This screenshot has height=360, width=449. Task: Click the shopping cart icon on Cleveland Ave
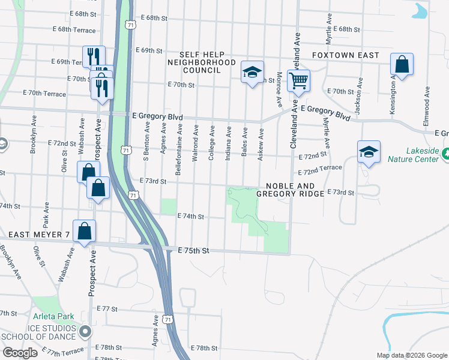click(x=298, y=80)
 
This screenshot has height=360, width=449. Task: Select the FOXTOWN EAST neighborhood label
click(x=345, y=55)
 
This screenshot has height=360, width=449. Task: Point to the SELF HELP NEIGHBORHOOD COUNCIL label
click(x=201, y=62)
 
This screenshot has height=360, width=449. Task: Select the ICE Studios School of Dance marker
click(x=86, y=331)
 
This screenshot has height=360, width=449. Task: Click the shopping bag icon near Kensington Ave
click(x=402, y=65)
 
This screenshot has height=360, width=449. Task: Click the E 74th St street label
click(x=191, y=216)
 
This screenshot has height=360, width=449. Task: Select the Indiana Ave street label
click(x=228, y=143)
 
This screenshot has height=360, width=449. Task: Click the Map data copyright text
click(x=411, y=355)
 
